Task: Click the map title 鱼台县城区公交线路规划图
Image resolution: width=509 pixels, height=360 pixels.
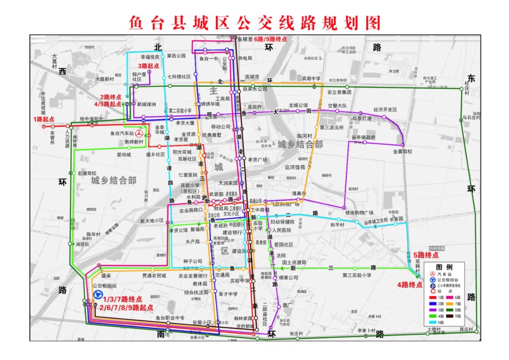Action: tap(254, 22)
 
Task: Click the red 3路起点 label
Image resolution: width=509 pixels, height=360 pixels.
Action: tap(148, 66)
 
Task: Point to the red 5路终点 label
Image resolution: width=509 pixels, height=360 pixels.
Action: tap(426, 255)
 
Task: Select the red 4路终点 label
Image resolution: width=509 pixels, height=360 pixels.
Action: tap(410, 285)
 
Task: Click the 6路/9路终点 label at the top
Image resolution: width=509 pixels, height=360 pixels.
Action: tap(270, 39)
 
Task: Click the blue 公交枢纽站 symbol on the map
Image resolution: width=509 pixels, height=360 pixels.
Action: tap(98, 295)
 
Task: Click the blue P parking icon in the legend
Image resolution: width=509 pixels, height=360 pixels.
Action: tap(432, 286)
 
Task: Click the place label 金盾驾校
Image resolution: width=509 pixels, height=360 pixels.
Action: tap(402, 152)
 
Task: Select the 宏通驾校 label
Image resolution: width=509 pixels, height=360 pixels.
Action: tap(87, 173)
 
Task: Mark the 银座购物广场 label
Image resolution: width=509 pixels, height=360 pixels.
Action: tap(359, 213)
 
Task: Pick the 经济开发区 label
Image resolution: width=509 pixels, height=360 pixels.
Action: tap(385, 109)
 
